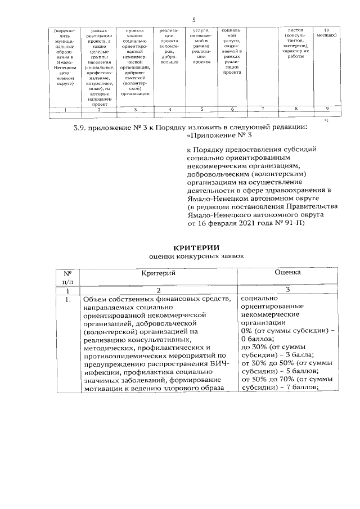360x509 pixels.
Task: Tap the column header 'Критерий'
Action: pos(158,273)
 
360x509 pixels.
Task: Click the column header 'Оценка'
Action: pos(287,272)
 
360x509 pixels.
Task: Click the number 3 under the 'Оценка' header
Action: pos(287,290)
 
